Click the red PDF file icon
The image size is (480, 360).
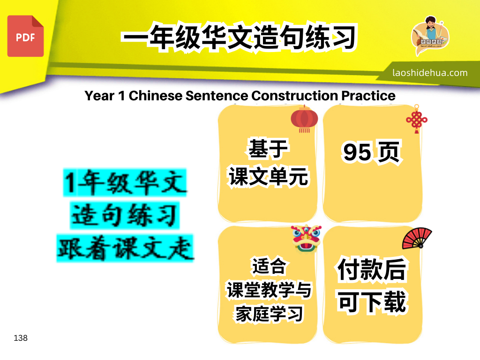point(25,36)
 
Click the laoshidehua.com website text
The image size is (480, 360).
point(430,73)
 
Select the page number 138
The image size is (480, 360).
point(21,338)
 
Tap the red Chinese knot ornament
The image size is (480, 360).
point(417,120)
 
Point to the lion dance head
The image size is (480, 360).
point(306,239)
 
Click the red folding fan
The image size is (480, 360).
point(417,238)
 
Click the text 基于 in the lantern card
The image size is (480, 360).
point(268,149)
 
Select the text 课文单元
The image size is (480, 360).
point(269,177)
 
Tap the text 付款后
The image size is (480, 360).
point(372,270)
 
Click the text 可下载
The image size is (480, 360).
point(372,302)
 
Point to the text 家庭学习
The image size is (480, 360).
point(269,314)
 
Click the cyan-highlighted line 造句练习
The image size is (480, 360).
point(125,215)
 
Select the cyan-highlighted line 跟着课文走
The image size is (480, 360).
point(125,248)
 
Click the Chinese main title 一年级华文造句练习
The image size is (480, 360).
point(239,37)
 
